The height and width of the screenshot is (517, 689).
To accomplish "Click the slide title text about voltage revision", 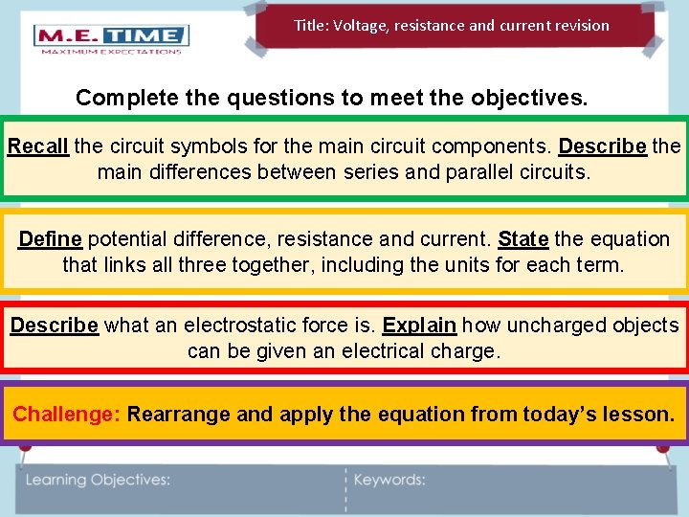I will click(x=451, y=26).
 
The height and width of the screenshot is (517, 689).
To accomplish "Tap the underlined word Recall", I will click(x=37, y=146).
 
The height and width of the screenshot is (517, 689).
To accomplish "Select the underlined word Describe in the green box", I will click(x=603, y=146).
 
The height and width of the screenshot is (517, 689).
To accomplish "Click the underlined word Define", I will click(x=50, y=238).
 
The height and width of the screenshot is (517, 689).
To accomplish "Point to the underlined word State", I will click(x=522, y=238).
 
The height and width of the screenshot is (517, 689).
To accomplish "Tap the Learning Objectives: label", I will click(x=98, y=480).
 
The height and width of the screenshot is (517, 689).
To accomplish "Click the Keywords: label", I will click(x=389, y=480).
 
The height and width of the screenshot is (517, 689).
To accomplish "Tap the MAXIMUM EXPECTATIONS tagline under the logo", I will click(x=111, y=52).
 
